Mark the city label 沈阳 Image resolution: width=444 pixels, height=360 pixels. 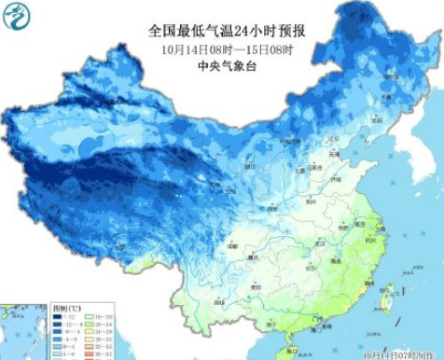tap(378, 120)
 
